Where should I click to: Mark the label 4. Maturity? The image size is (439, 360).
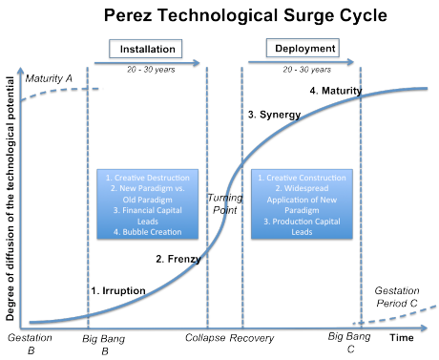point(335,91)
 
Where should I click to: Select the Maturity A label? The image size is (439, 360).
point(45,77)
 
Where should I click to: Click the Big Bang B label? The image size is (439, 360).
point(102,344)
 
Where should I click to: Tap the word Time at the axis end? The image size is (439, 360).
point(402,339)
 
